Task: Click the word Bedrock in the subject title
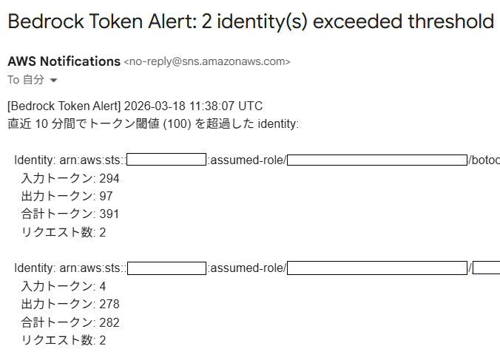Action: (x=46, y=21)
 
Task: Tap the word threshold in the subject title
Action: (x=451, y=21)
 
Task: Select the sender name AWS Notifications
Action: (x=64, y=61)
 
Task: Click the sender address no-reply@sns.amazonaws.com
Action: (x=207, y=61)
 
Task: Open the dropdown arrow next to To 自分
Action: (x=53, y=81)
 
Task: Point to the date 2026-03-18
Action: (x=155, y=106)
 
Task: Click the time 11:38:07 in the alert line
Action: (x=212, y=106)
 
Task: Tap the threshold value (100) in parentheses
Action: (x=177, y=124)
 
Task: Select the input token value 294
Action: (x=109, y=178)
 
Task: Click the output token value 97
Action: (x=107, y=196)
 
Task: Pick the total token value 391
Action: (x=109, y=214)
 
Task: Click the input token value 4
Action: (x=102, y=286)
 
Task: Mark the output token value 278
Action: (x=109, y=305)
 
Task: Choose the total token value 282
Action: (x=109, y=323)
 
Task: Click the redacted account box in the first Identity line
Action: (x=166, y=160)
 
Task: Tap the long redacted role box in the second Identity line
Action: (x=377, y=268)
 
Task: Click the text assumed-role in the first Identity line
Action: (x=247, y=160)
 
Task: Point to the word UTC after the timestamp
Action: (x=250, y=106)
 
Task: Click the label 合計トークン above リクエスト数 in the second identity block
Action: (x=57, y=322)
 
